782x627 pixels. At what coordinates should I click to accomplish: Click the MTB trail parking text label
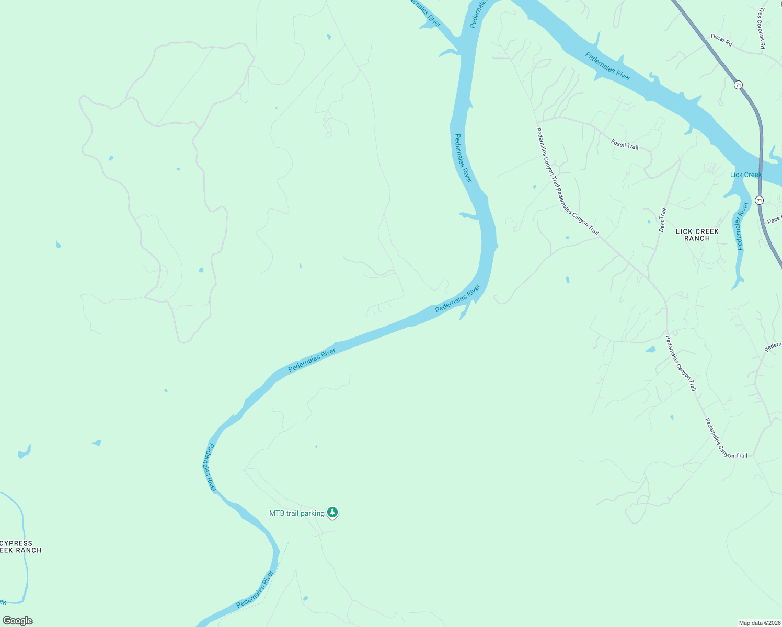[x=296, y=513]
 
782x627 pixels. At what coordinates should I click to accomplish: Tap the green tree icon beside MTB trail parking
[x=332, y=512]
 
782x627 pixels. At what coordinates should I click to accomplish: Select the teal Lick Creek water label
[x=745, y=175]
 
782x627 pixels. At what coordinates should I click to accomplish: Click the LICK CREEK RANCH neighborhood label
[x=697, y=235]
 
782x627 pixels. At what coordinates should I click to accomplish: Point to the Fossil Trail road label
[x=625, y=144]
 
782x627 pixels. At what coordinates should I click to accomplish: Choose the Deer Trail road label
[x=662, y=220]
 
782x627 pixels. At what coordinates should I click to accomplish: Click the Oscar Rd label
[x=721, y=40]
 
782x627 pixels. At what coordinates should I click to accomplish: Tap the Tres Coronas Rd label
[x=762, y=28]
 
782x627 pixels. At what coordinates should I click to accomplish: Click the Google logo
[x=18, y=621]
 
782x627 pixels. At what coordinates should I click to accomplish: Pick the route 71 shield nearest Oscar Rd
[x=738, y=85]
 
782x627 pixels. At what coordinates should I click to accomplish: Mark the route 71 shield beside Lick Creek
[x=759, y=200]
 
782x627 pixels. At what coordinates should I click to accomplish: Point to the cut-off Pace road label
[x=774, y=219]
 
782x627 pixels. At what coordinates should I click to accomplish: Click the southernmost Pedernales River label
[x=255, y=589]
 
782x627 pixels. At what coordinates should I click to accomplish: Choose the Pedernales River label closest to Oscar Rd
[x=608, y=66]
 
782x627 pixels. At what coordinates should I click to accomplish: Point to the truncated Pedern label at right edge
[x=773, y=346]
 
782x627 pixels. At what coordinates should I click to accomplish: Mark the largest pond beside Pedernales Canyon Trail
[x=650, y=350]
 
